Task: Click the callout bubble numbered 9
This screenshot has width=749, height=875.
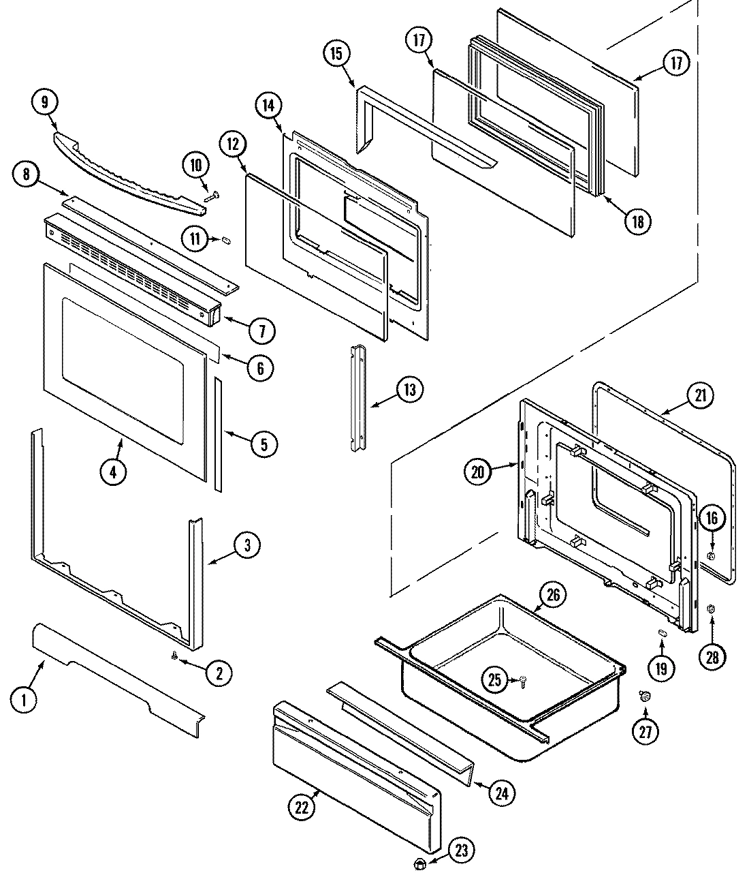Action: tap(45, 102)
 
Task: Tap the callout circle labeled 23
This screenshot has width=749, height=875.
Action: tap(462, 850)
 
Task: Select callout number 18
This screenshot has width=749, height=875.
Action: tap(637, 221)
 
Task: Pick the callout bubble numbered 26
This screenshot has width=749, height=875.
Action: tap(553, 595)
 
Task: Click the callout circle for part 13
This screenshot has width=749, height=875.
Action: tap(409, 390)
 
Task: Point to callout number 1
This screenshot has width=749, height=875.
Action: tap(25, 699)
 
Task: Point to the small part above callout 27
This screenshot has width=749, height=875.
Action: tap(644, 695)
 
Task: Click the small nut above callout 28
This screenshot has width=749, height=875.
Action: tap(712, 609)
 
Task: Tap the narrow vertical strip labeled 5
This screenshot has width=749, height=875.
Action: tap(218, 433)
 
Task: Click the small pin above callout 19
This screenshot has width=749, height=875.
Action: tap(661, 633)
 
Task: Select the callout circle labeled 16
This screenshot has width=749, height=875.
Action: tap(711, 519)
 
